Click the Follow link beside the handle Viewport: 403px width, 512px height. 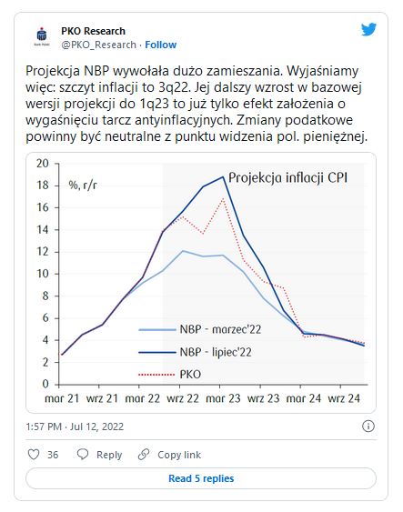point(160,45)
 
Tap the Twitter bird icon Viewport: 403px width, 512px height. point(368,29)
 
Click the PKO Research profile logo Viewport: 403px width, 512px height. point(42,36)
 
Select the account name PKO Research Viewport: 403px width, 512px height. point(93,31)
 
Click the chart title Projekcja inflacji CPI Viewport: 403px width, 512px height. point(287,178)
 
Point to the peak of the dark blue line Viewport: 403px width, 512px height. point(223,177)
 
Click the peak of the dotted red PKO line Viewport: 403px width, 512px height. point(223,198)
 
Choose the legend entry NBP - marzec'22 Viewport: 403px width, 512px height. point(200,329)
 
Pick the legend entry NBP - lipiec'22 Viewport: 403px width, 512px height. point(196,352)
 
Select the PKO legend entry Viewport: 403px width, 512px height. point(170,374)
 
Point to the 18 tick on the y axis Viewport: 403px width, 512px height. point(43,186)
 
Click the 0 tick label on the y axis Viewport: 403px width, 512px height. point(45,384)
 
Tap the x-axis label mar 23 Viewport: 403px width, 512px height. point(223,398)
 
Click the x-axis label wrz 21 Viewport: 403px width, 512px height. point(102,398)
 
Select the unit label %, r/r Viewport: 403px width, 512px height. point(83,186)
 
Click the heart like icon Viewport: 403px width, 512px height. point(34,454)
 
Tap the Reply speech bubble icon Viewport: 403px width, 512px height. point(83,454)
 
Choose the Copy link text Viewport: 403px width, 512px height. point(179,455)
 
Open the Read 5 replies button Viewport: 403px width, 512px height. point(201,478)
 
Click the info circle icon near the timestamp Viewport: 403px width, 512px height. point(368,427)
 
